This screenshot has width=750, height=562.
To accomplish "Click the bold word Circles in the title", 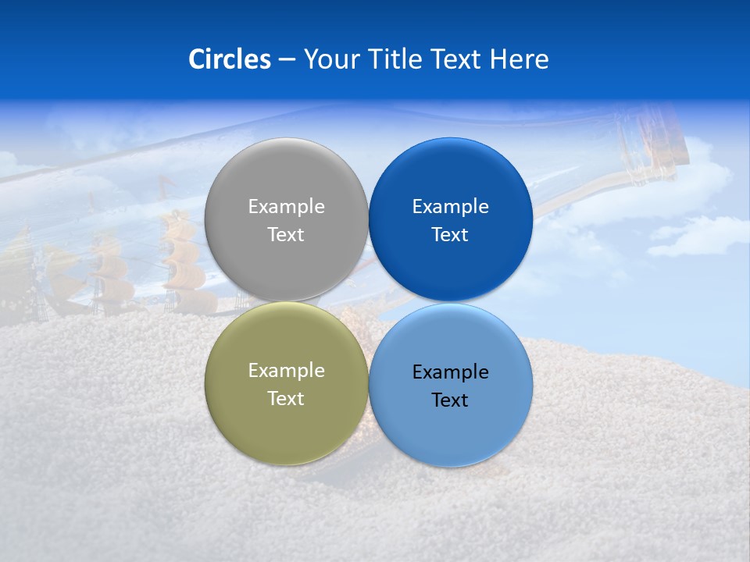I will coord(230,59).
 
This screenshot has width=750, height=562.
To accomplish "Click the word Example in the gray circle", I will coord(286,207).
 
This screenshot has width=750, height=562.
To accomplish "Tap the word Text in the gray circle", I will coord(286,235).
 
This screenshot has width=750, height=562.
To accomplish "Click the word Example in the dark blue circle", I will coord(451,207).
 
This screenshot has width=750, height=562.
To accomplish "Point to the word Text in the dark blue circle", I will coord(451,235).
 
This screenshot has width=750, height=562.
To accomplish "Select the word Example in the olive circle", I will coord(286,371).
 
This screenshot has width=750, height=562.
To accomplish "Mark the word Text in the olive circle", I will coord(286,399).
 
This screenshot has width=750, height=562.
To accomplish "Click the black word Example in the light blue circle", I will coord(451,372).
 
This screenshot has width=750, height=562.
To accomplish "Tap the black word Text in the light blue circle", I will coord(451,400).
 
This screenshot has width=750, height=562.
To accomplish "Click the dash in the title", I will coord(287,59).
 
